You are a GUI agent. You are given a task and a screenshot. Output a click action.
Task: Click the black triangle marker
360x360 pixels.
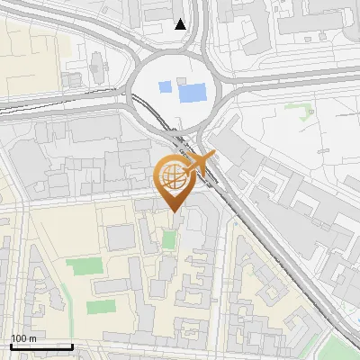click(181, 24)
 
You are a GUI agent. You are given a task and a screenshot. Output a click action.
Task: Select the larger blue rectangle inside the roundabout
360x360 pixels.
click(192, 91)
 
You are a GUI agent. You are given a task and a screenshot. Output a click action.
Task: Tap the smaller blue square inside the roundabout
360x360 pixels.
click(164, 88)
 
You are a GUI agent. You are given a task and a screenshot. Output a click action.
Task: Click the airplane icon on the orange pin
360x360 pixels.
click(201, 163)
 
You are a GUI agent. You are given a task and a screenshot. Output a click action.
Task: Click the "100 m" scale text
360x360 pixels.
click(23, 338)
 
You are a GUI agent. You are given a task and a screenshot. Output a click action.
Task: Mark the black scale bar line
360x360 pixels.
click(41, 346)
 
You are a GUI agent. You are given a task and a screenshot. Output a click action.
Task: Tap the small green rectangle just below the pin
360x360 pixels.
click(169, 240)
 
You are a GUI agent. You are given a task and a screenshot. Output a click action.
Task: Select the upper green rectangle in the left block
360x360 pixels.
click(85, 267)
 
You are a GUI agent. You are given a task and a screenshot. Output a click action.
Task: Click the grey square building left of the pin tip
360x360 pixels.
click(121, 238)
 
